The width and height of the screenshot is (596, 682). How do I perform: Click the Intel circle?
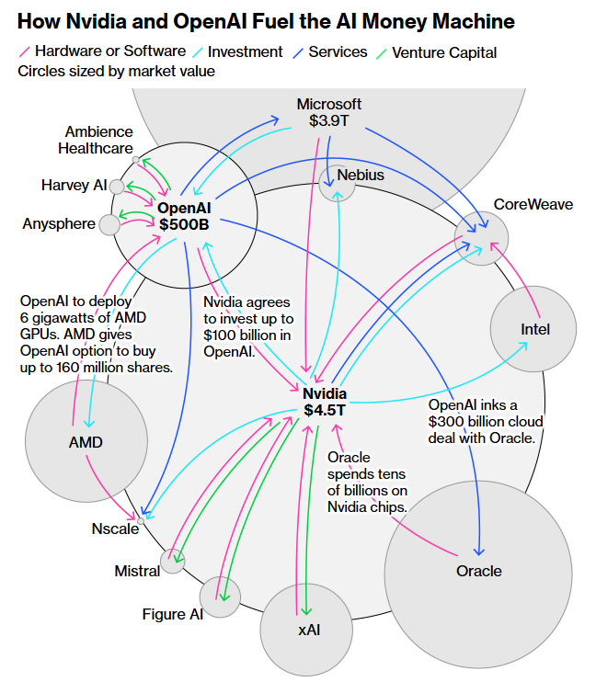tap(534, 328)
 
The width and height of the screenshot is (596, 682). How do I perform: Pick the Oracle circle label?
tap(479, 571)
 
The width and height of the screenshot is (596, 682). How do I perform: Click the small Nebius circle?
tap(338, 184)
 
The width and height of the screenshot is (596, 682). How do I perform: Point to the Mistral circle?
tap(173, 560)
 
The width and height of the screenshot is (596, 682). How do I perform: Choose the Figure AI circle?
tap(221, 596)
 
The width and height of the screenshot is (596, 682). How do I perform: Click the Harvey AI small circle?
tap(117, 187)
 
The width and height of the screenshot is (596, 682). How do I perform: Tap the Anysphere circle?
tap(109, 224)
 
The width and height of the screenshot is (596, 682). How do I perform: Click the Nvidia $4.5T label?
tap(325, 402)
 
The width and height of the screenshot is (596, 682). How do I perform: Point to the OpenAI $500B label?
tap(184, 215)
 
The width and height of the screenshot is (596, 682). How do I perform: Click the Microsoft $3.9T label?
tap(328, 112)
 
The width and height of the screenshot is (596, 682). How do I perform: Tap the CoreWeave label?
tap(533, 204)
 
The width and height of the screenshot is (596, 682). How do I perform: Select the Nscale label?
tap(114, 529)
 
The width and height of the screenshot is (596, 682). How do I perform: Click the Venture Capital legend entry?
tap(444, 52)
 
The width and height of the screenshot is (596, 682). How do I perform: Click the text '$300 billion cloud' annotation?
tap(486, 422)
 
